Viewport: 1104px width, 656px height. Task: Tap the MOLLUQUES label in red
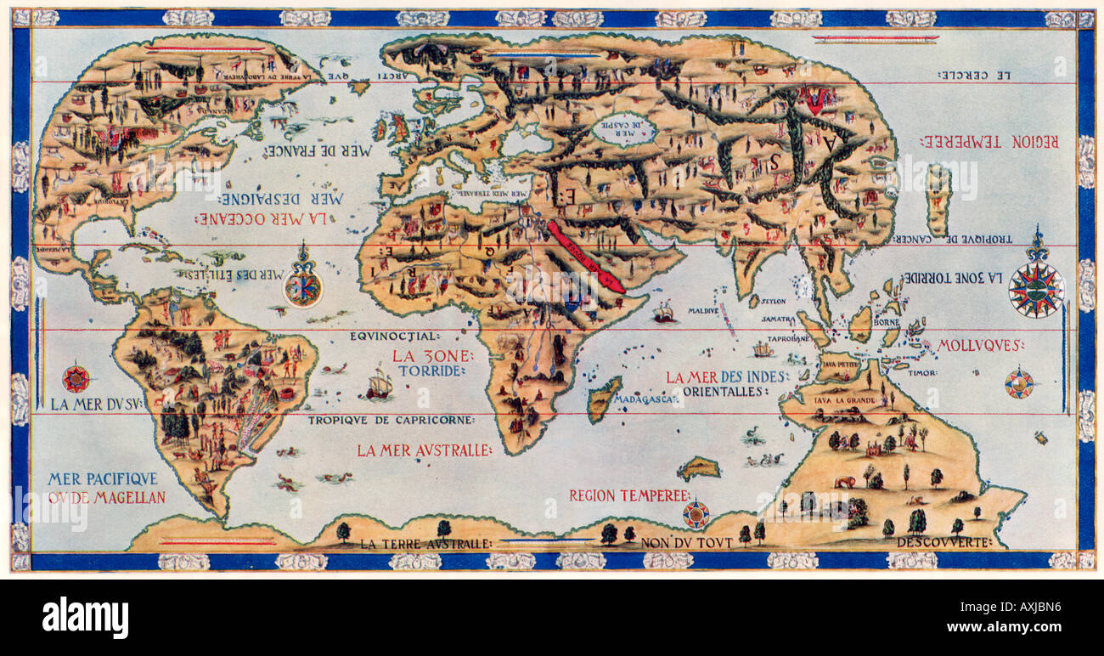click(981, 345)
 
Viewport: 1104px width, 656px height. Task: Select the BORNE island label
click(888, 324)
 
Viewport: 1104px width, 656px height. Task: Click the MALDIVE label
click(703, 311)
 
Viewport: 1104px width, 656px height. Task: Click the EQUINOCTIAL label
click(394, 336)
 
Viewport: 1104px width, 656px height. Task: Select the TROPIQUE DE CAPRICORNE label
click(391, 420)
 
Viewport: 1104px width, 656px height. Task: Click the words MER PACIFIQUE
click(103, 478)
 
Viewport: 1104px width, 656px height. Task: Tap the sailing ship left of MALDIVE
click(663, 313)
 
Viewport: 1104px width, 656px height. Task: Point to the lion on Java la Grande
click(843, 482)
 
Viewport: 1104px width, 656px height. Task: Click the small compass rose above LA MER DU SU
click(76, 377)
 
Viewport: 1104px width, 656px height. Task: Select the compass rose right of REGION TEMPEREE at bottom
click(696, 513)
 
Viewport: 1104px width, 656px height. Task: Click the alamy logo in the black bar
click(86, 618)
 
